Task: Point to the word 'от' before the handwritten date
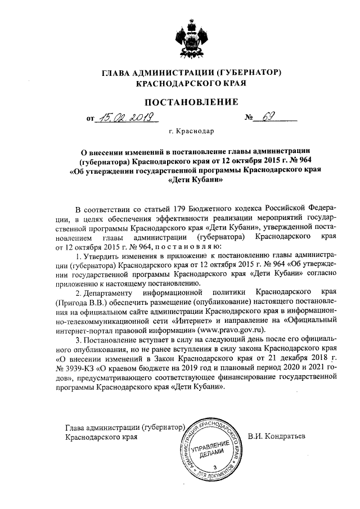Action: point(90,119)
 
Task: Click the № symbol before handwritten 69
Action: point(249,119)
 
